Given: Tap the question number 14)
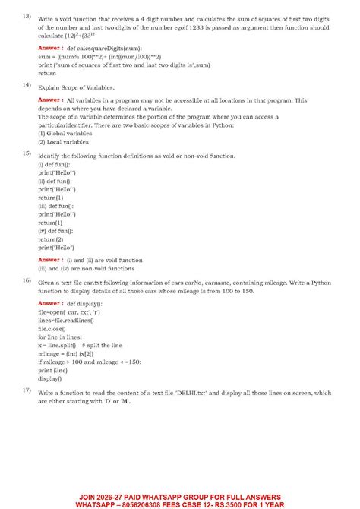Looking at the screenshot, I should point(26,84).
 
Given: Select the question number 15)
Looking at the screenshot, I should point(26,153).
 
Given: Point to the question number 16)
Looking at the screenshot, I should point(26,281).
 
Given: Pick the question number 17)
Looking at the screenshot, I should point(26,390).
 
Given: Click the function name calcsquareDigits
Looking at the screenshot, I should point(104,47).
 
